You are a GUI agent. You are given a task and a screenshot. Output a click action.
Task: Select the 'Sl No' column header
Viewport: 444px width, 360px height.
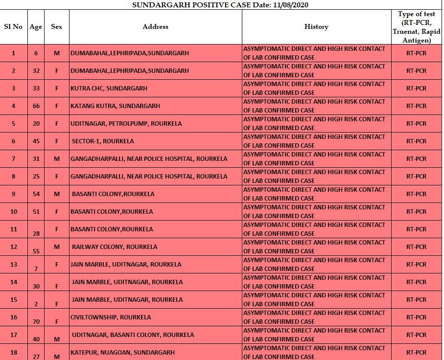pyautogui.click(x=13, y=27)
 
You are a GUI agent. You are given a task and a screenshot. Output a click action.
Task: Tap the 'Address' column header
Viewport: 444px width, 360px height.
pyautogui.click(x=155, y=27)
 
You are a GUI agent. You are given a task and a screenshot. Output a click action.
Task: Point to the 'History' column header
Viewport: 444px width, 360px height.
pyautogui.click(x=316, y=27)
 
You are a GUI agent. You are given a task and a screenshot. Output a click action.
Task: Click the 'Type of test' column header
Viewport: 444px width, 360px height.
pyautogui.click(x=416, y=27)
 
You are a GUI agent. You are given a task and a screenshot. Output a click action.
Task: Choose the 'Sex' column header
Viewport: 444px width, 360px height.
pyautogui.click(x=57, y=27)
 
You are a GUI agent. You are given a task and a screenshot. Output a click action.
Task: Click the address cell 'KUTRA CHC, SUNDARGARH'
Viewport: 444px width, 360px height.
pyautogui.click(x=109, y=89)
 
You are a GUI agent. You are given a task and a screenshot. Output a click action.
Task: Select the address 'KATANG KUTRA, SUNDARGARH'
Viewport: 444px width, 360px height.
pyautogui.click(x=115, y=106)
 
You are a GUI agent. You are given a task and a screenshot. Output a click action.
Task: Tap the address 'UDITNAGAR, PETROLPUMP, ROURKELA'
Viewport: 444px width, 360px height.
pyautogui.click(x=126, y=124)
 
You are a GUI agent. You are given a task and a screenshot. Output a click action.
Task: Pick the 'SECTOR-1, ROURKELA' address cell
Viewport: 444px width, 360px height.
pyautogui.click(x=103, y=141)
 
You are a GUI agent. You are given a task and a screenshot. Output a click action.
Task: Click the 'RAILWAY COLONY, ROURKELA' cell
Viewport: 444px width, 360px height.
pyautogui.click(x=115, y=247)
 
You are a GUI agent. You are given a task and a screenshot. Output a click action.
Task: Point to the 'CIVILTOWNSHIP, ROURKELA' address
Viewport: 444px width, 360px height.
pyautogui.click(x=111, y=317)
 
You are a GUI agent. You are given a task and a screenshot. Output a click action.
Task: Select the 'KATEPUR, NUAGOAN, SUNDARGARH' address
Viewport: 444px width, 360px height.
pyautogui.click(x=122, y=353)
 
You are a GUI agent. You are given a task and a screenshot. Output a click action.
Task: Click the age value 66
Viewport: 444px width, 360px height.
pyautogui.click(x=36, y=106)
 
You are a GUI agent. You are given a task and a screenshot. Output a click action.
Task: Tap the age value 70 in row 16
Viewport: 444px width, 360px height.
pyautogui.click(x=36, y=321)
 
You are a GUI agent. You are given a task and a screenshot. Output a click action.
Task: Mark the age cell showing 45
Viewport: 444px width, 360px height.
pyautogui.click(x=36, y=141)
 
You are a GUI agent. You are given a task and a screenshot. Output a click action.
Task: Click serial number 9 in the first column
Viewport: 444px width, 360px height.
pyautogui.click(x=13, y=194)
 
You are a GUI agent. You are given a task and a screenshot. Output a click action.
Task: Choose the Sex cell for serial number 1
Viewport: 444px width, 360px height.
pyautogui.click(x=57, y=53)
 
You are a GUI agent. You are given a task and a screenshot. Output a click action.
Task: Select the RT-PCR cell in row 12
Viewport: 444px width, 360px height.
pyautogui.click(x=416, y=247)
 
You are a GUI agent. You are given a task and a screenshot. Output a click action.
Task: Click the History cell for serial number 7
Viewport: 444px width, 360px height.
pyautogui.click(x=316, y=159)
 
